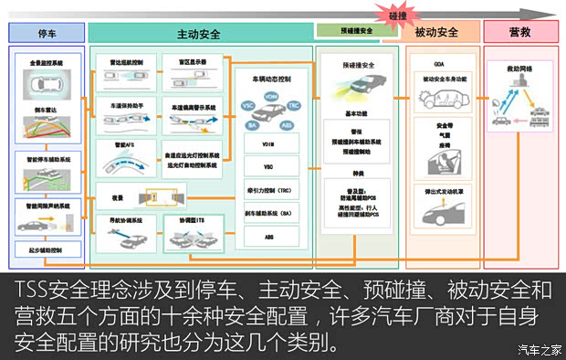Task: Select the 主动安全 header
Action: pyautogui.click(x=199, y=33)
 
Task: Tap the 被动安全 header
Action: pyautogui.click(x=435, y=33)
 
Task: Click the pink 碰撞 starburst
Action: pyautogui.click(x=397, y=13)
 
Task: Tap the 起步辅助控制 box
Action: pyautogui.click(x=47, y=248)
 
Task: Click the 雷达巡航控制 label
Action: pyautogui.click(x=125, y=64)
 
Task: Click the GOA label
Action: pyautogui.click(x=440, y=64)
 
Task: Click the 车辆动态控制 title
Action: pyautogui.click(x=270, y=79)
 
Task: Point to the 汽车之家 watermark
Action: pyautogui.click(x=539, y=348)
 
